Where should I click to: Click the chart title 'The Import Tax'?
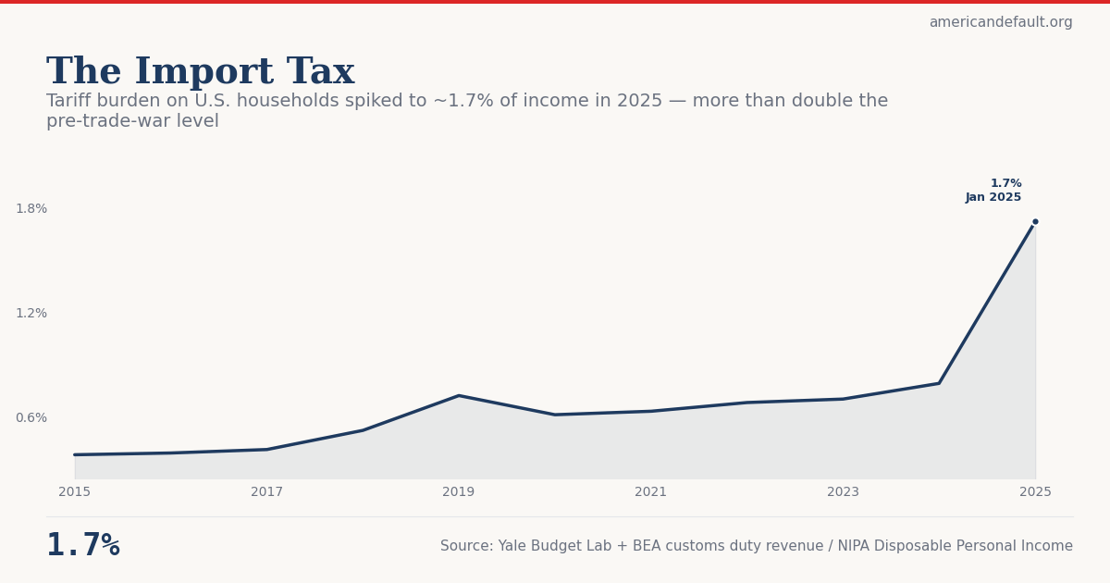pos(200,72)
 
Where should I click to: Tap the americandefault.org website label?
pos(1000,22)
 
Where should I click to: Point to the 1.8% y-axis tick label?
pos(31,209)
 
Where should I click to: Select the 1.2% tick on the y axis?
pos(31,314)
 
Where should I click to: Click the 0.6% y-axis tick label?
pos(31,418)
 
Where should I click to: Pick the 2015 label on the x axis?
pos(75,492)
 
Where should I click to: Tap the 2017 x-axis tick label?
pos(266,492)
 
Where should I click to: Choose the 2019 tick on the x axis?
pos(459,492)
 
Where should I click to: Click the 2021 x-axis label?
pos(650,492)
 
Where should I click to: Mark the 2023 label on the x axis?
pos(843,492)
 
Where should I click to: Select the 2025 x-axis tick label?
pos(1035,492)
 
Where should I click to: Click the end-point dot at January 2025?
pos(1035,222)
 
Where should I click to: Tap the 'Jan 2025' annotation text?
pos(993,198)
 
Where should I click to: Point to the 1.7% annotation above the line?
pos(1005,184)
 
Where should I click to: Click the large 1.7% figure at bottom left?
pos(83,546)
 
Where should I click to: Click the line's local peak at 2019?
pos(459,396)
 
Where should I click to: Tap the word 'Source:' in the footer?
pos(466,547)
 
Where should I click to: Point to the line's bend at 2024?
pos(939,383)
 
